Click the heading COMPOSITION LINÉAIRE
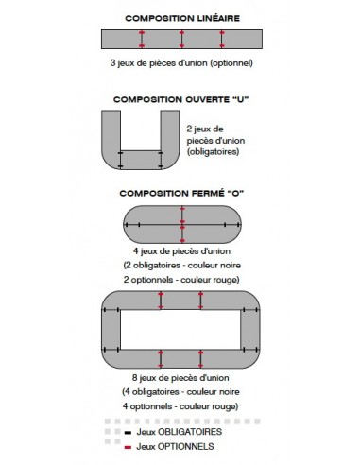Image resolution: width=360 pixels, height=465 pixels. tap(182, 18)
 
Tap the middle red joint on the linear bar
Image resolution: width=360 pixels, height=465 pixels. tap(181, 39)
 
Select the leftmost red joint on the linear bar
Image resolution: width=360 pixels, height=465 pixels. tap(142, 39)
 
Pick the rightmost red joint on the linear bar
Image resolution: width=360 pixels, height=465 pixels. tap(222, 39)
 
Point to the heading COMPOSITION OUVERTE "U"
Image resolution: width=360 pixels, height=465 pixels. tap(181, 99)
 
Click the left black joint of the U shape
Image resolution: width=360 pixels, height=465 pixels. tap(120, 160)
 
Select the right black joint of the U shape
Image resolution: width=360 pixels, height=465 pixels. tap(161, 160)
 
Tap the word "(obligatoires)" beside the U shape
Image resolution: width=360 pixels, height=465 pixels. tap(213, 152)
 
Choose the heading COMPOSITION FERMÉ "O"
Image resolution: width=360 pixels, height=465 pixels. tap(181, 193)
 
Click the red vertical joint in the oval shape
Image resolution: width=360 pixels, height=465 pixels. tap(182, 224)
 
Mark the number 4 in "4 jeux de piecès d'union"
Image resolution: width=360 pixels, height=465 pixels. tap(135, 251)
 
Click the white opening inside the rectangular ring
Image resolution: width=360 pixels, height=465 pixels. tap(180, 330)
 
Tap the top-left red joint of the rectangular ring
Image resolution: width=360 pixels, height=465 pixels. tap(161, 301)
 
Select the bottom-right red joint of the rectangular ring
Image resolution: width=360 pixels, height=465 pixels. tap(200, 358)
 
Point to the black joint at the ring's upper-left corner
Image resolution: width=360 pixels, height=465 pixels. tap(111, 310)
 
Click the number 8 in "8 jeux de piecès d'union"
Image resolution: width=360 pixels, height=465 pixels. tap(135, 378)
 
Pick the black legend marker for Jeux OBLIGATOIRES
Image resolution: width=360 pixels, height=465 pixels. tap(128, 433)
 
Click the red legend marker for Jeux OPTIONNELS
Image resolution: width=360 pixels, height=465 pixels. tap(128, 447)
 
